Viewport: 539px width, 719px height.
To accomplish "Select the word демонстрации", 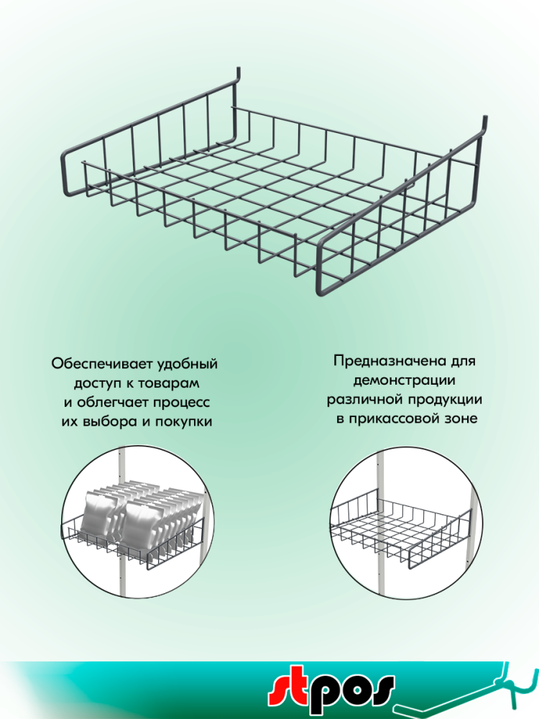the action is [x=404, y=380].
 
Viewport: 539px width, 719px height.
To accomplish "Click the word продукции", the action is [x=443, y=400].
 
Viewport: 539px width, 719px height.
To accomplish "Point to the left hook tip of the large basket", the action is [x=239, y=73].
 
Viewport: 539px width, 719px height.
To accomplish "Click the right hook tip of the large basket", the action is [x=484, y=120].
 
